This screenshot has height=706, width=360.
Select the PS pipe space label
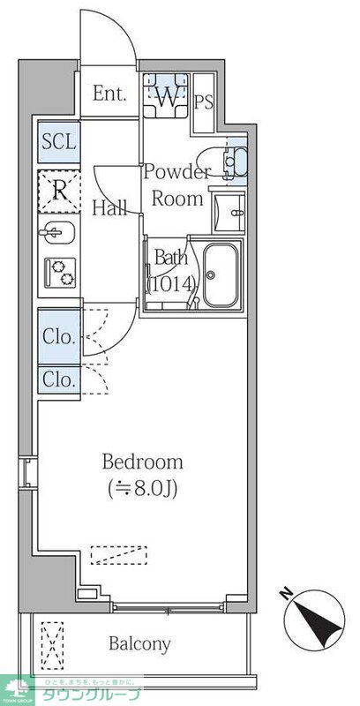[204, 101]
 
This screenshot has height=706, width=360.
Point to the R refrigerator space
[59, 190]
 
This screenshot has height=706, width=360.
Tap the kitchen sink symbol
[59, 236]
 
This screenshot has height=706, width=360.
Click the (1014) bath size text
[170, 284]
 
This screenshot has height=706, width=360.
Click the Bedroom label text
[143, 462]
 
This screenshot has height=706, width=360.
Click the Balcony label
[139, 643]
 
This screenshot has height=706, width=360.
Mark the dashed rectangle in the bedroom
[118, 555]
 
